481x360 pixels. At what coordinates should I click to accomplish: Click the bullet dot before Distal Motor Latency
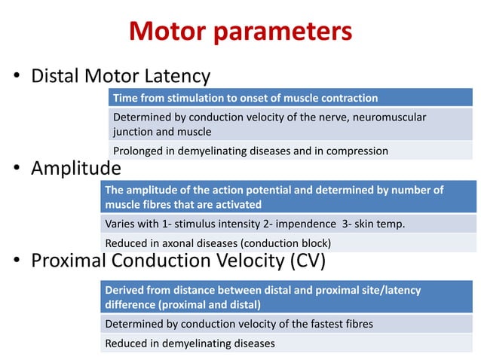16,78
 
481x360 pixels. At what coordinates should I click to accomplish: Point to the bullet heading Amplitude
75,168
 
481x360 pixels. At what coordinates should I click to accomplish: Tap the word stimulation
200,98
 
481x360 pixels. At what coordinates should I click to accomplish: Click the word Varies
121,224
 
